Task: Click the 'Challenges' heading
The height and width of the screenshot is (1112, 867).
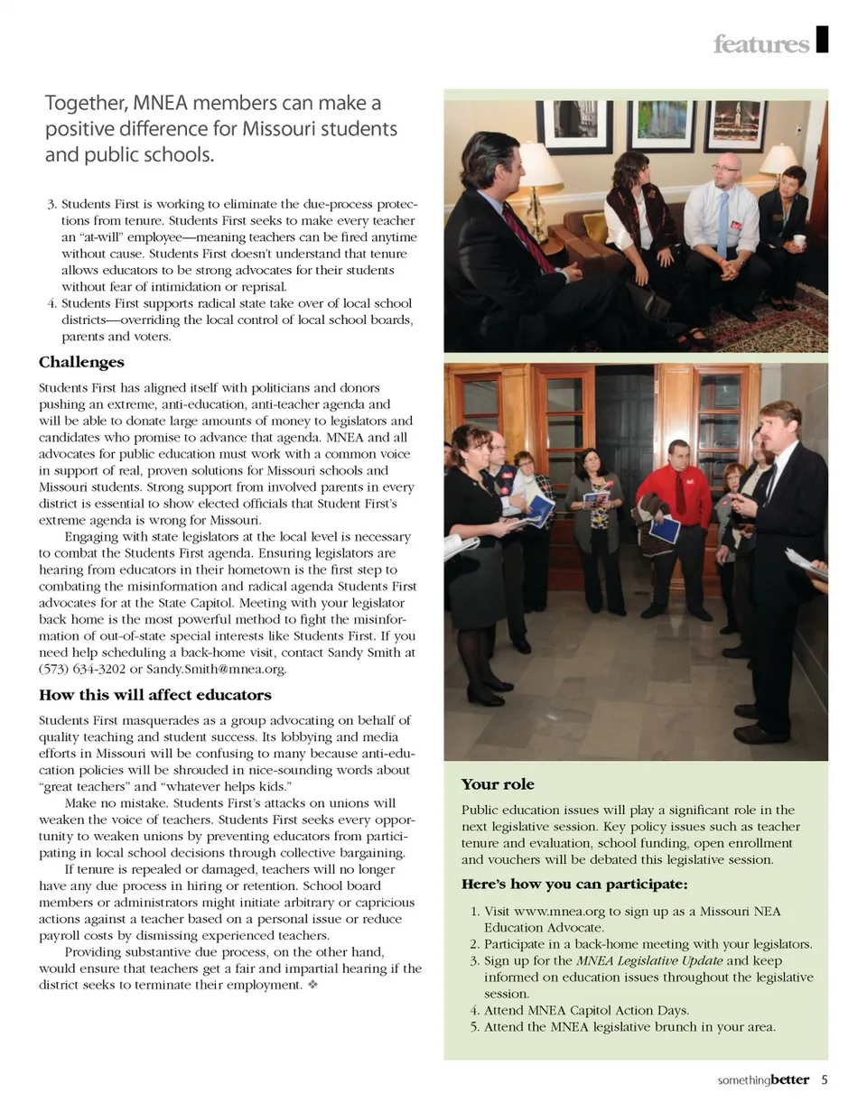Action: (81, 363)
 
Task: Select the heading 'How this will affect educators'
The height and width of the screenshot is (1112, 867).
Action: (154, 695)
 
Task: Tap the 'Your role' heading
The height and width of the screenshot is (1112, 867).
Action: (498, 784)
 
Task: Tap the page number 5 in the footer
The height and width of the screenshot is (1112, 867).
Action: (825, 1080)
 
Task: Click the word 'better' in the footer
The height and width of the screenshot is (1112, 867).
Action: (790, 1080)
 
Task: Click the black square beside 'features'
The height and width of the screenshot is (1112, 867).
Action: (822, 41)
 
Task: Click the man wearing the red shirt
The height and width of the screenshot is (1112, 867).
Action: (676, 514)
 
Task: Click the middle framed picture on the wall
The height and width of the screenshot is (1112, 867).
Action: (662, 125)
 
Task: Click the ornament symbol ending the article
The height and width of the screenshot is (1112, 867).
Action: (312, 985)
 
